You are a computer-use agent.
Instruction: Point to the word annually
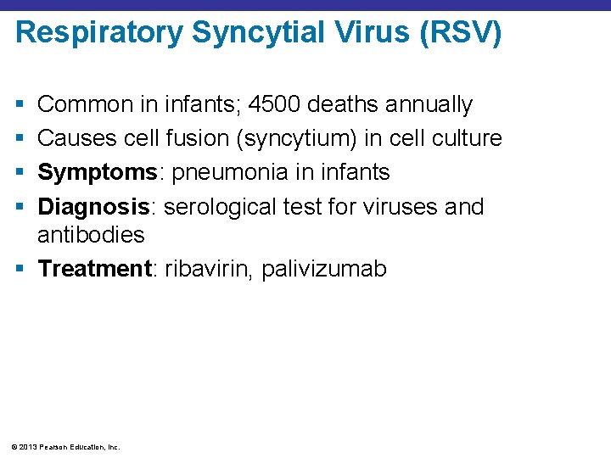[429, 105]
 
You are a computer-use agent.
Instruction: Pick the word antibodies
[91, 234]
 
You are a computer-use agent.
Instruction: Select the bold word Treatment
[94, 270]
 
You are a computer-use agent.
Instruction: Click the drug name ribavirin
[207, 270]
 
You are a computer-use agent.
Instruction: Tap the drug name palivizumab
[323, 270]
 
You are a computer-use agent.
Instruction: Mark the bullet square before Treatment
[19, 270]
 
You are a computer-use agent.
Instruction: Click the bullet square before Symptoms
[19, 173]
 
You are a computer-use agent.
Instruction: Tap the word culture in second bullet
[467, 139]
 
